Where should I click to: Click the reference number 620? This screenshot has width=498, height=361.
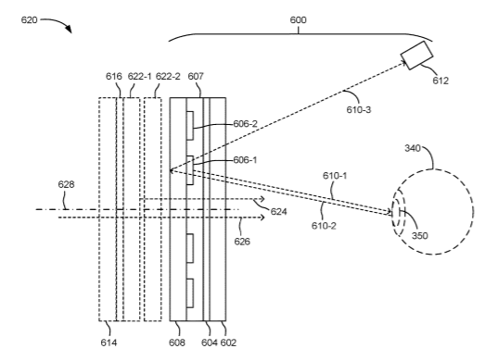click(x=30, y=20)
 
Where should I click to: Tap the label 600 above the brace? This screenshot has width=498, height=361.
click(x=298, y=20)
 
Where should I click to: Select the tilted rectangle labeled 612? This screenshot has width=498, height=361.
click(x=416, y=56)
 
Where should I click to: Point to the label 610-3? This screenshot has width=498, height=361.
click(x=359, y=109)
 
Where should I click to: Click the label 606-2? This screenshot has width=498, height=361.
click(x=245, y=124)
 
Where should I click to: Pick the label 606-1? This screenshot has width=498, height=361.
click(x=245, y=160)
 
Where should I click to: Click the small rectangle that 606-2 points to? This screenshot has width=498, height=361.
click(x=190, y=126)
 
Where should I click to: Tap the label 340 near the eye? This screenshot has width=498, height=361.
click(x=413, y=148)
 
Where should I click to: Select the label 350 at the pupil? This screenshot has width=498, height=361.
click(x=420, y=235)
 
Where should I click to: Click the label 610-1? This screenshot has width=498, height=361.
click(x=335, y=176)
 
